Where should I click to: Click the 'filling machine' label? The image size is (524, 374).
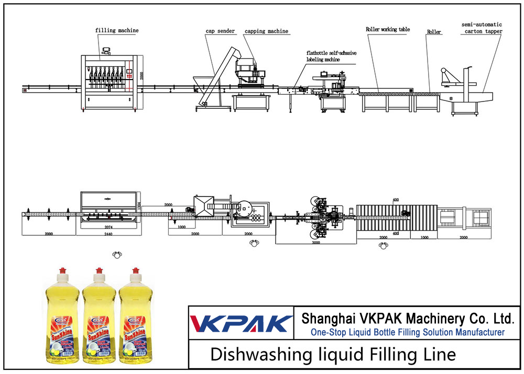[117, 30]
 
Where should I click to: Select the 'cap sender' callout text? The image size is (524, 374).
[219, 31]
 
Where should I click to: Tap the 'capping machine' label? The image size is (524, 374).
[266, 31]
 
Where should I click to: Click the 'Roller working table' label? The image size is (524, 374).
[388, 30]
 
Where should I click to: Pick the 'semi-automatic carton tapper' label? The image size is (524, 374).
[482, 28]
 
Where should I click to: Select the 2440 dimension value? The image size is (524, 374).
[107, 234]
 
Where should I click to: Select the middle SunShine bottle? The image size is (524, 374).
[99, 319]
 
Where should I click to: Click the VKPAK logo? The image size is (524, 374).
[241, 323]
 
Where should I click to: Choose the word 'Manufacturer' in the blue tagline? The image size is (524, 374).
[475, 332]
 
